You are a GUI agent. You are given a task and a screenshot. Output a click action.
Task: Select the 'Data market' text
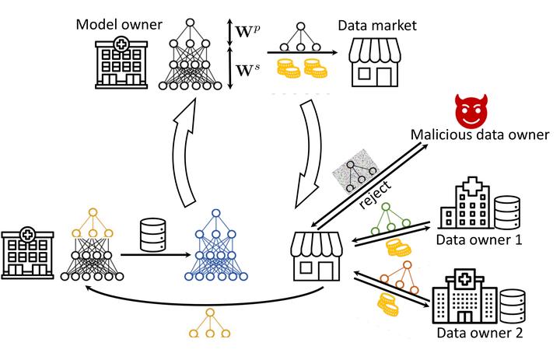(377, 25)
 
